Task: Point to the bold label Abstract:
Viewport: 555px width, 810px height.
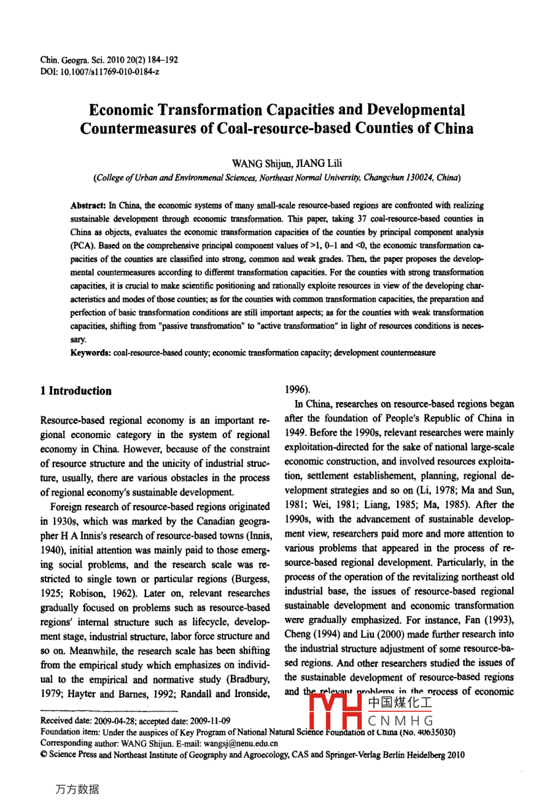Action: click(x=88, y=206)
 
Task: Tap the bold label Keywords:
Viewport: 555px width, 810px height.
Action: click(x=91, y=353)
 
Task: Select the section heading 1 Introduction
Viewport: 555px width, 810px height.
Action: click(x=76, y=391)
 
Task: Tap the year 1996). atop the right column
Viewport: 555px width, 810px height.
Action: click(x=298, y=389)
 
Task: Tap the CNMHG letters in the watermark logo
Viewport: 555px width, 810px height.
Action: click(x=401, y=720)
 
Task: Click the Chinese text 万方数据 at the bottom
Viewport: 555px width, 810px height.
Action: click(x=77, y=790)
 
